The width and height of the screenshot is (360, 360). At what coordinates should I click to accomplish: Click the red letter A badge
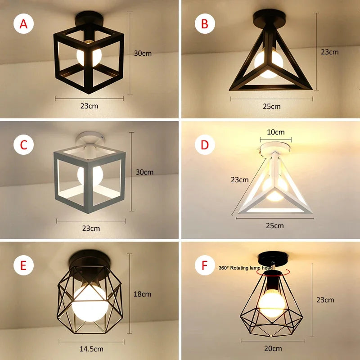[x=23, y=24]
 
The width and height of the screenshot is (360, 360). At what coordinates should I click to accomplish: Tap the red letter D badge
[x=205, y=145]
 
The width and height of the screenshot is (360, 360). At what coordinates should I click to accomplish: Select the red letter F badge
[x=205, y=265]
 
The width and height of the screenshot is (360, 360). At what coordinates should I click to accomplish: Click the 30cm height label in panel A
[x=143, y=53]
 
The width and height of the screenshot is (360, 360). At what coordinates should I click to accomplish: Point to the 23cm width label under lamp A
[x=89, y=106]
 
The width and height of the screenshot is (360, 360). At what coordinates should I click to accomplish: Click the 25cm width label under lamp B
[x=272, y=106]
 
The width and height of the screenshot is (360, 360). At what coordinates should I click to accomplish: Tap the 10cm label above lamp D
[x=276, y=132]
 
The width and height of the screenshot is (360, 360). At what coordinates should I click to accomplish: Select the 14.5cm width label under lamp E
[x=91, y=349]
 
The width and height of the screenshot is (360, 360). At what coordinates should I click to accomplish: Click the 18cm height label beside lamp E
[x=142, y=294]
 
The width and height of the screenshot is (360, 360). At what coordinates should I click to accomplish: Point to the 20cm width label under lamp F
[x=273, y=348]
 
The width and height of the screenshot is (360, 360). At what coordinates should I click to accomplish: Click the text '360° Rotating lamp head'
[x=245, y=268]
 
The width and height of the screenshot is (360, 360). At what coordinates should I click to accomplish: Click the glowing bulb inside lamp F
[x=272, y=303]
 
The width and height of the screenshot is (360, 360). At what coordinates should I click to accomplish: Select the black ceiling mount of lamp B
[x=270, y=18]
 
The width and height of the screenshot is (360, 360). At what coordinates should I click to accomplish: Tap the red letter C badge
[x=23, y=145]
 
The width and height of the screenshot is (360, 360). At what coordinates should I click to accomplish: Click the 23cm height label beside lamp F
[x=325, y=300]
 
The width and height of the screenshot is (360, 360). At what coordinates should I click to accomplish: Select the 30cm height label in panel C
[x=144, y=172]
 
